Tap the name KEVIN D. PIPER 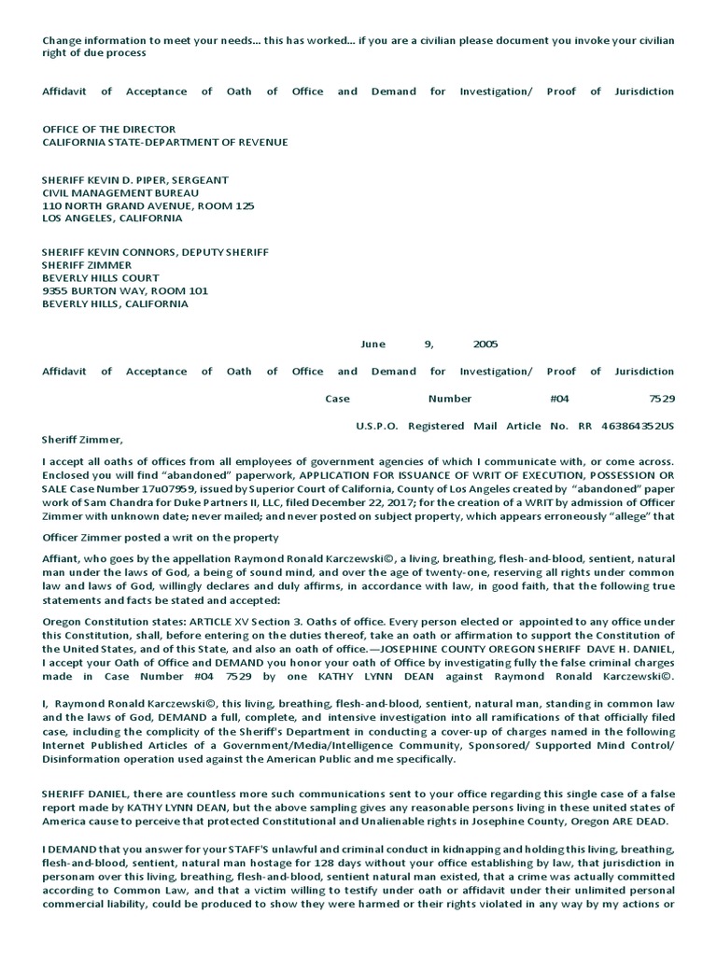coord(126,179)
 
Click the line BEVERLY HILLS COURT coord(101,278)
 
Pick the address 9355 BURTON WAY coord(93,290)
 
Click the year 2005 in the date coord(485,344)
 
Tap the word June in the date coord(373,344)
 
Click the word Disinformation coord(83,760)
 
